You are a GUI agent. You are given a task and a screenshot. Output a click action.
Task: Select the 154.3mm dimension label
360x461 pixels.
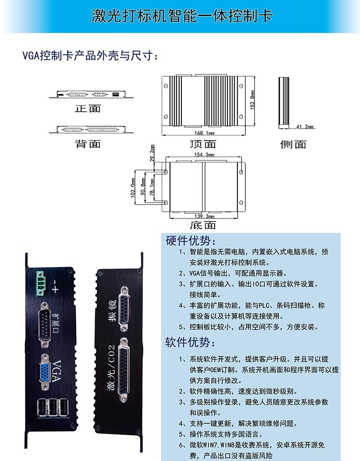[204, 155]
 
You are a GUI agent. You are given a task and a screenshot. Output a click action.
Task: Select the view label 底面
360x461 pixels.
[203, 225]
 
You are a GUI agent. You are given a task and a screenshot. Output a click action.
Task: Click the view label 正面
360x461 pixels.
[88, 109]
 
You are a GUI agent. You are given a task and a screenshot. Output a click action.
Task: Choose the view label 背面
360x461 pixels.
[88, 144]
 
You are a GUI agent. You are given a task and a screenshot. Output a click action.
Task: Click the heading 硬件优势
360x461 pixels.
[191, 240]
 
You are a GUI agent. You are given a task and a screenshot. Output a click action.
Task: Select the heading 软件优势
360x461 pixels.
[191, 342]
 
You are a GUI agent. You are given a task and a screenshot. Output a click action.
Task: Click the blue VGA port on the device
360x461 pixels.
[47, 369]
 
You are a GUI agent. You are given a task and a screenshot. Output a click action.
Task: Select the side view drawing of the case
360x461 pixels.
[284, 102]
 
